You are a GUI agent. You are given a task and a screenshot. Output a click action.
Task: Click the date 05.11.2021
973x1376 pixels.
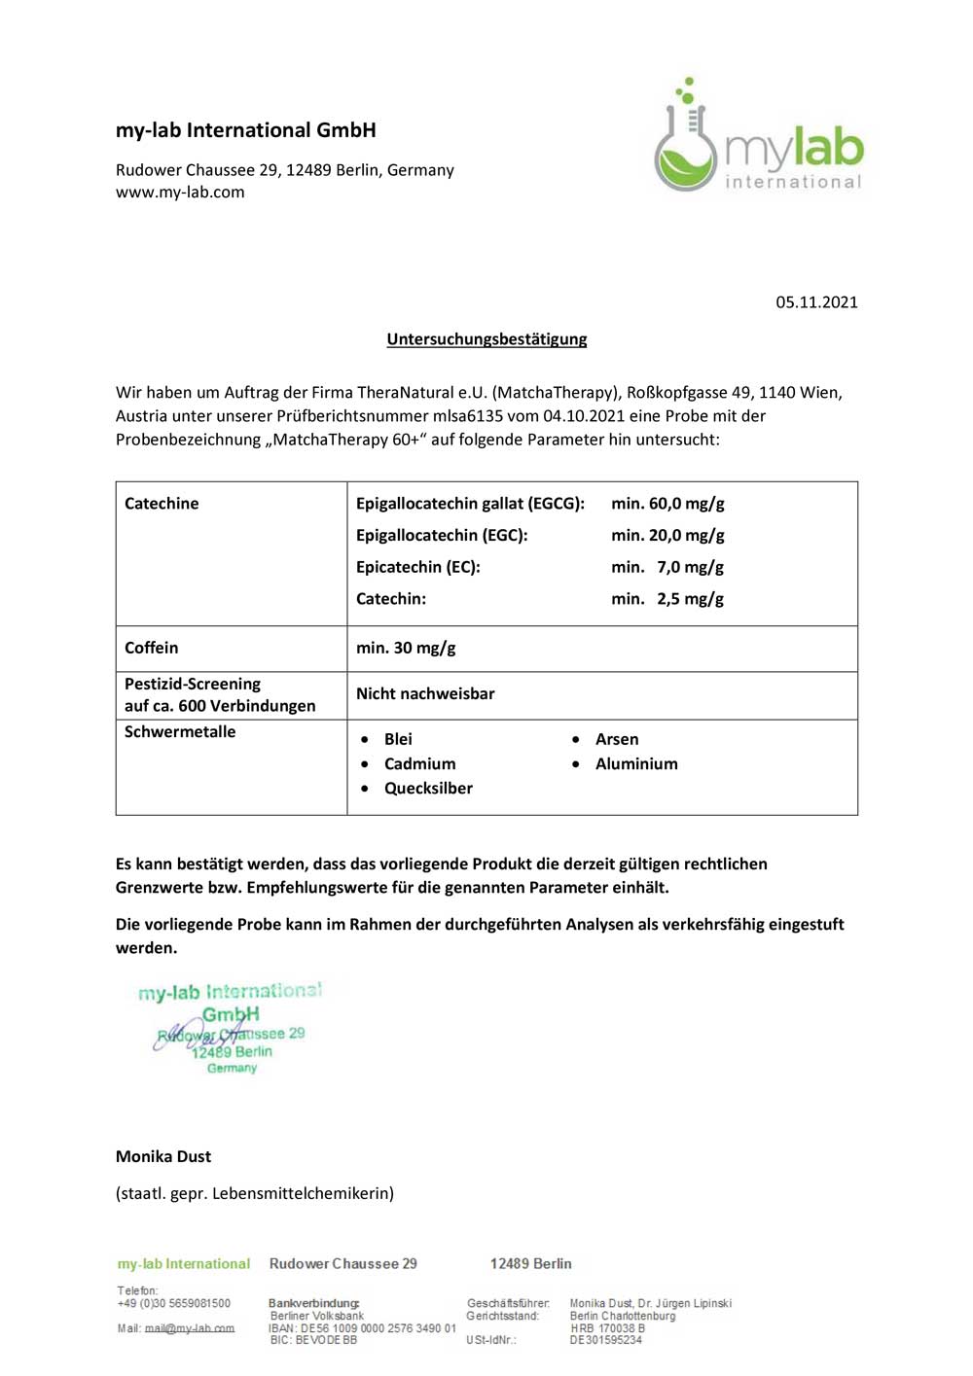(816, 302)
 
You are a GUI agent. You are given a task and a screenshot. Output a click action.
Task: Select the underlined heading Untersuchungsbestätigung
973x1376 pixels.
(486, 339)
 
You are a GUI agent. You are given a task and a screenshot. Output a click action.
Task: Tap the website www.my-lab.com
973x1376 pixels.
(180, 193)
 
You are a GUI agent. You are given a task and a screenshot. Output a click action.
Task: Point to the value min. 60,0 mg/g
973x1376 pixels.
(667, 504)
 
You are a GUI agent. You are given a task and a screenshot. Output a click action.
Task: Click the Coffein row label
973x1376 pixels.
(151, 648)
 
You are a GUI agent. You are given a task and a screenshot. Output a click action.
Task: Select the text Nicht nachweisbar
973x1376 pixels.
(425, 693)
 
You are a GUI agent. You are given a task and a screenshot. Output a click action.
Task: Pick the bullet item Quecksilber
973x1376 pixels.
(428, 788)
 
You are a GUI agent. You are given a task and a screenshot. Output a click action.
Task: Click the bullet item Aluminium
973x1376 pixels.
(636, 763)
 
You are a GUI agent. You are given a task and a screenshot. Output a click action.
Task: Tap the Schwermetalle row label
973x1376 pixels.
(180, 731)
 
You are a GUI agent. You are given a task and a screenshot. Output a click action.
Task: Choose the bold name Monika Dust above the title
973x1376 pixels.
(163, 1156)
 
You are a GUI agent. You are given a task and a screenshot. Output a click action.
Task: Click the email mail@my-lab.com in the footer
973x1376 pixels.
(190, 1328)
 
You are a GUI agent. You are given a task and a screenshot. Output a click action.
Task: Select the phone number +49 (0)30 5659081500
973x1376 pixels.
(174, 1303)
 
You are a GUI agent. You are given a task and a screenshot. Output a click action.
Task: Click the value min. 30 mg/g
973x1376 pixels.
(406, 648)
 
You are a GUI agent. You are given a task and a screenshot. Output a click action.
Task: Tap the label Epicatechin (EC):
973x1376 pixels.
(418, 567)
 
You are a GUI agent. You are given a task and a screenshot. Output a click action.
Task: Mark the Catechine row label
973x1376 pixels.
(162, 504)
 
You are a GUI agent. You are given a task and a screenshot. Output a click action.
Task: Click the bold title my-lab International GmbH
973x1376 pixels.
(246, 130)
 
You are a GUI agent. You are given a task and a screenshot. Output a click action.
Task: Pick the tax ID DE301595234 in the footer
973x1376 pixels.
(606, 1340)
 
